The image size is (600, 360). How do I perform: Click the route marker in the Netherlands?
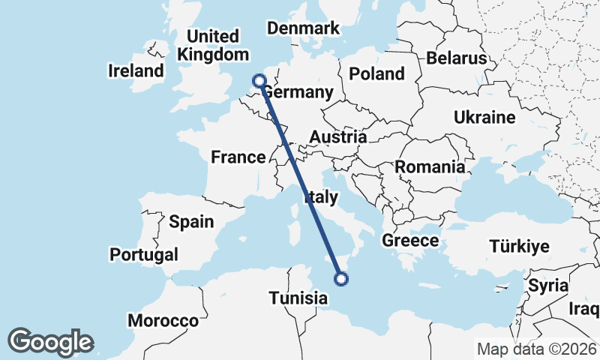pyautogui.click(x=259, y=80)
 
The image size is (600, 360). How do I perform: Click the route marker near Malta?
pyautogui.click(x=341, y=280)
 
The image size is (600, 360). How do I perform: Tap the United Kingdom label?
pyautogui.click(x=213, y=45)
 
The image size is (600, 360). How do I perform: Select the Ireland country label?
pyautogui.click(x=136, y=71)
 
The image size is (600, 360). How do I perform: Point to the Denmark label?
pyautogui.click(x=304, y=28)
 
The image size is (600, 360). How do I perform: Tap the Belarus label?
pyautogui.click(x=456, y=58)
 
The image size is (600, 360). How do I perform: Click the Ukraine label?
pyautogui.click(x=484, y=117)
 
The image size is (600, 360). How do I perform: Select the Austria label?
pyautogui.click(x=338, y=137)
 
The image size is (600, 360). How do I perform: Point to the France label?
pyautogui.click(x=238, y=157)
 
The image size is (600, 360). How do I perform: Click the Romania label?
pyautogui.click(x=430, y=167)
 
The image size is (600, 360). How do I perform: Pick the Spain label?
pyautogui.click(x=191, y=221)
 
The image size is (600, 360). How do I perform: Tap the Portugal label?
pyautogui.click(x=144, y=254)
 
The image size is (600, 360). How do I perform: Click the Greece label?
pyautogui.click(x=409, y=241)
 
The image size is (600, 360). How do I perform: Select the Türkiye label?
pyautogui.click(x=519, y=246)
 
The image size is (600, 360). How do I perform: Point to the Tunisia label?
pyautogui.click(x=298, y=298)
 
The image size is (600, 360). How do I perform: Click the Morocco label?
pyautogui.click(x=163, y=320)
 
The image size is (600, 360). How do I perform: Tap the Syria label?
pyautogui.click(x=548, y=286)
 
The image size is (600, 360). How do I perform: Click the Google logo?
pyautogui.click(x=50, y=342)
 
